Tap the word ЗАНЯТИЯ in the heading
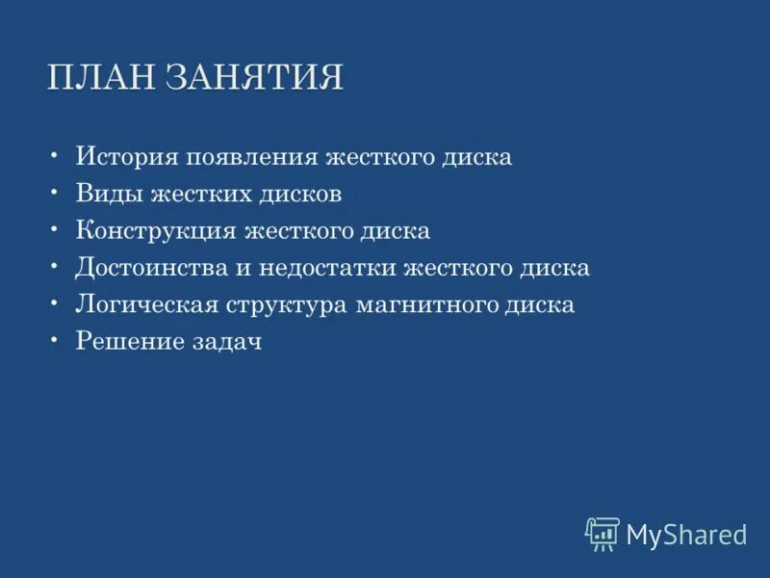click(254, 78)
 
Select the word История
click(127, 157)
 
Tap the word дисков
click(299, 195)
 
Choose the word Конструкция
click(153, 232)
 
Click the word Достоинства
click(154, 269)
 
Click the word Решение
click(127, 343)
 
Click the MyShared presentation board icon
click(603, 533)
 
